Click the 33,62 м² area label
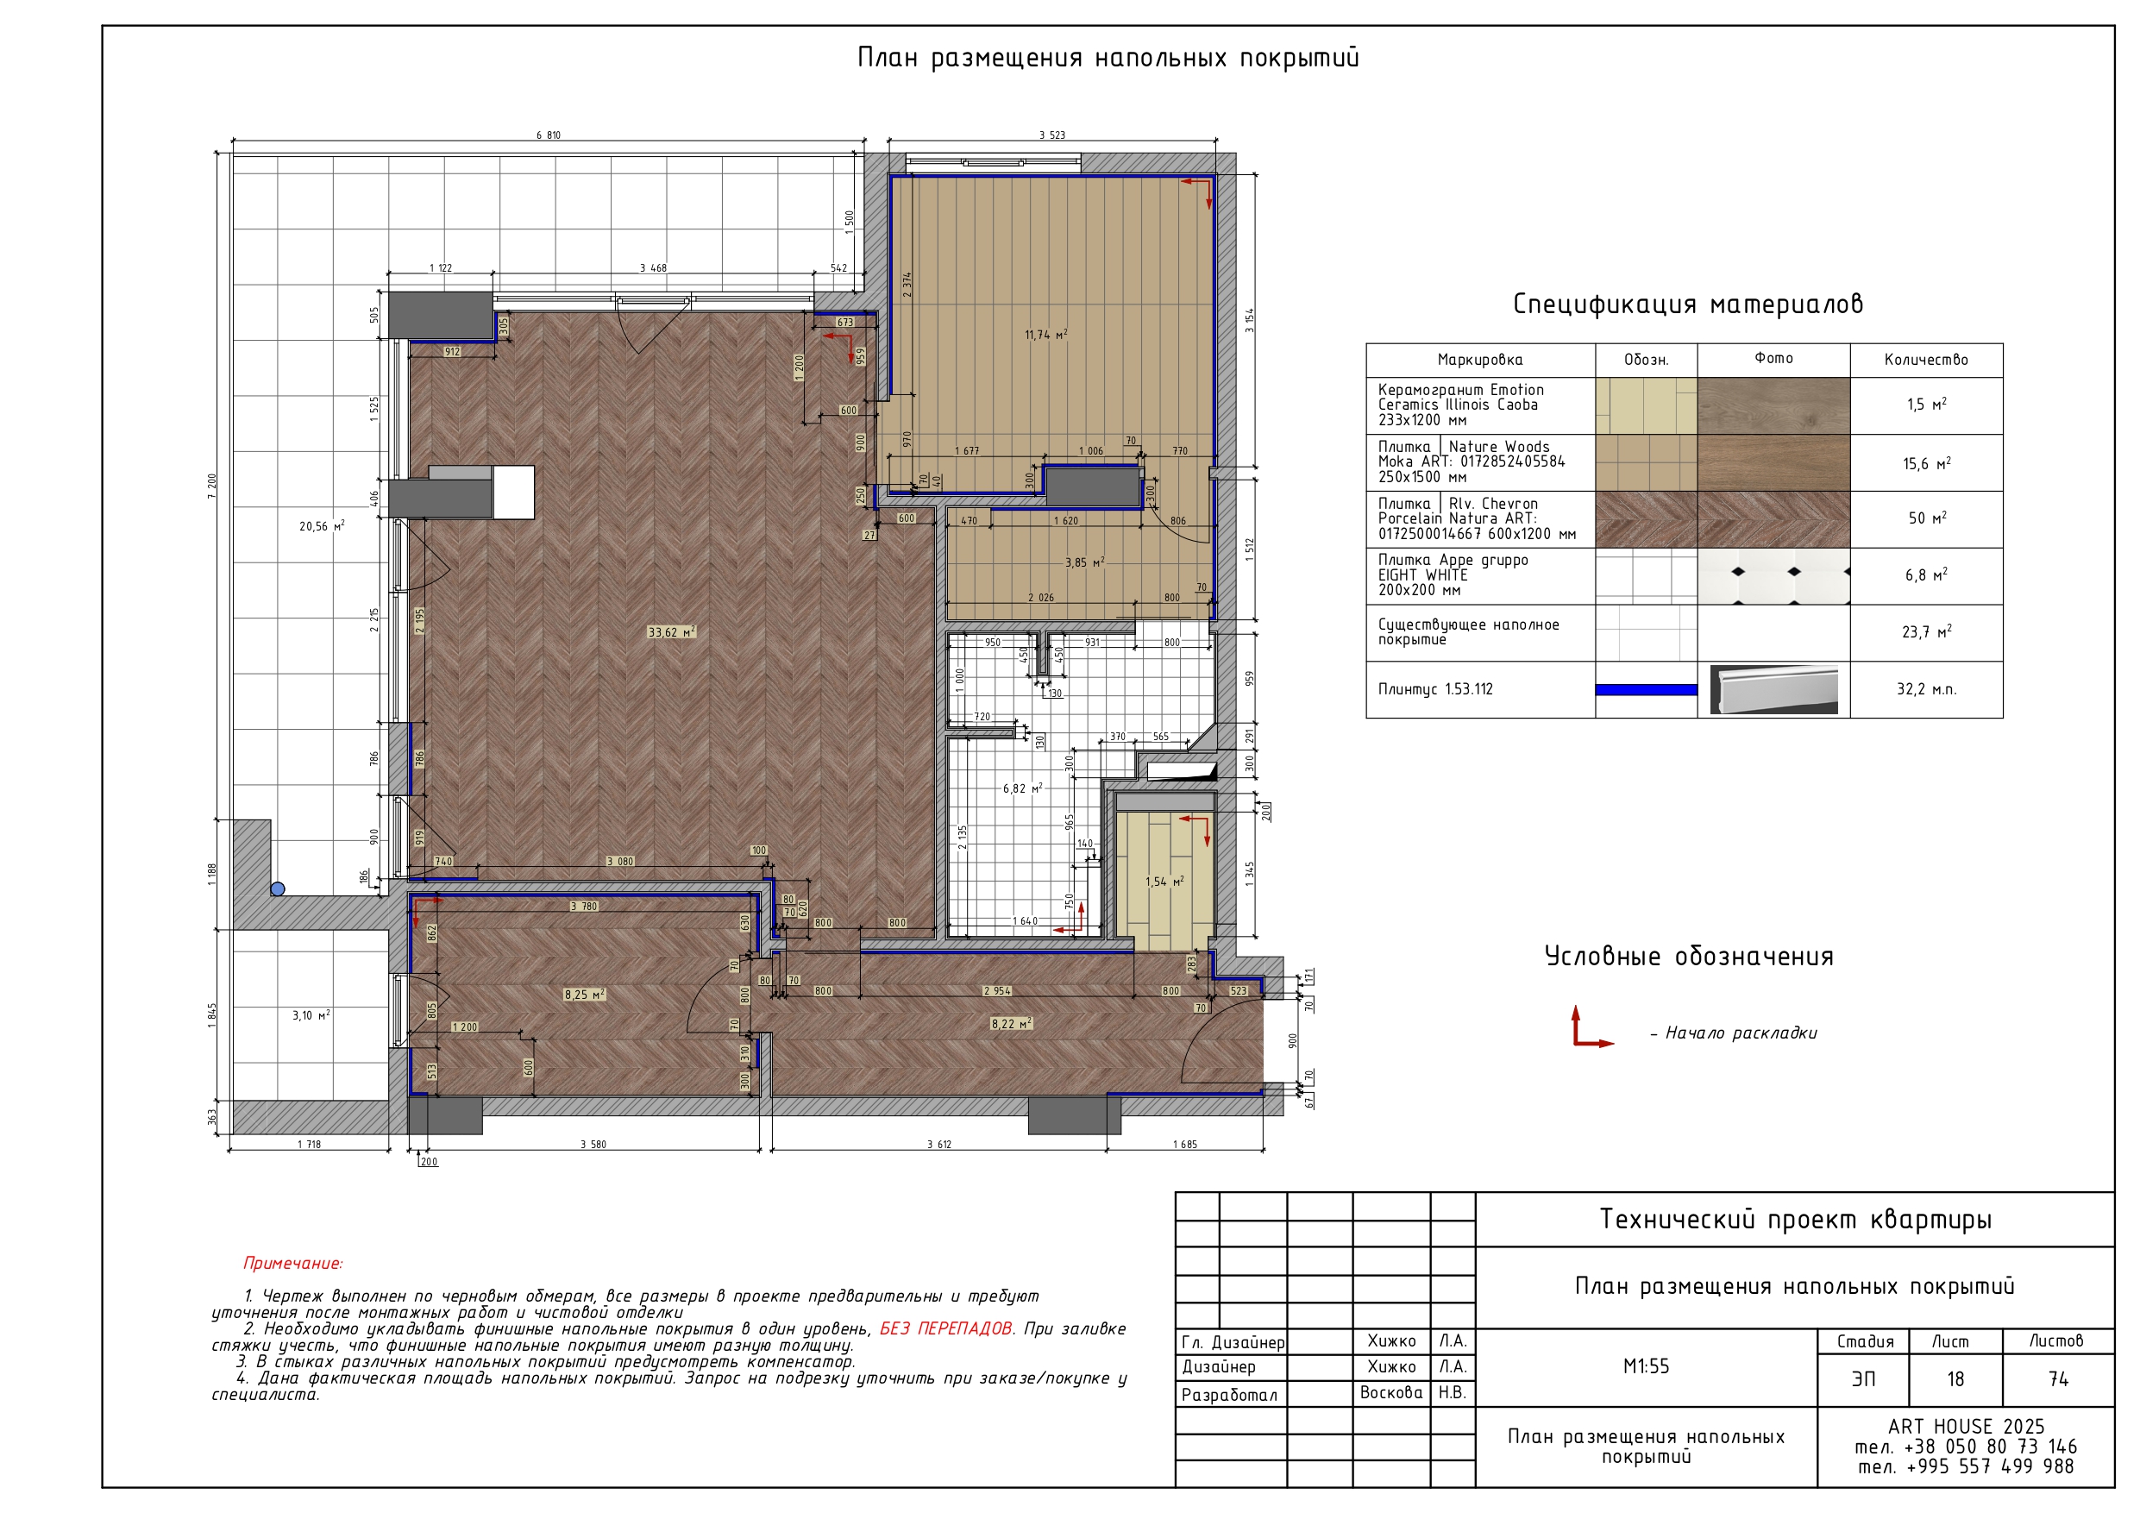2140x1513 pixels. (671, 632)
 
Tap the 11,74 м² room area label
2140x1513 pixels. (1045, 335)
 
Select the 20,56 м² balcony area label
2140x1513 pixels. (322, 527)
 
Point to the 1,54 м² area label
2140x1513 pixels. (1164, 881)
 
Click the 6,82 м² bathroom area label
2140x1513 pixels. (1022, 788)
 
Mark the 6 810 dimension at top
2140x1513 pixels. (548, 135)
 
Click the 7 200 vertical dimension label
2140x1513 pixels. (212, 486)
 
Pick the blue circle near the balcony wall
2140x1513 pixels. (278, 889)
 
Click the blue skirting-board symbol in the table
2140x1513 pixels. (1646, 690)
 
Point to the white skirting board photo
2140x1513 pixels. (1773, 690)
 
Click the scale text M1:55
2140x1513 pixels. (1646, 1366)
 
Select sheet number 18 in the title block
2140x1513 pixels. (1955, 1378)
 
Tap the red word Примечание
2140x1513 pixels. (292, 1264)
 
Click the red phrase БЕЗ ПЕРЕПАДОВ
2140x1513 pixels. (946, 1328)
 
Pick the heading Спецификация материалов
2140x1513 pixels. (1688, 304)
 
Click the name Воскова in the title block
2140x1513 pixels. (1390, 1393)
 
